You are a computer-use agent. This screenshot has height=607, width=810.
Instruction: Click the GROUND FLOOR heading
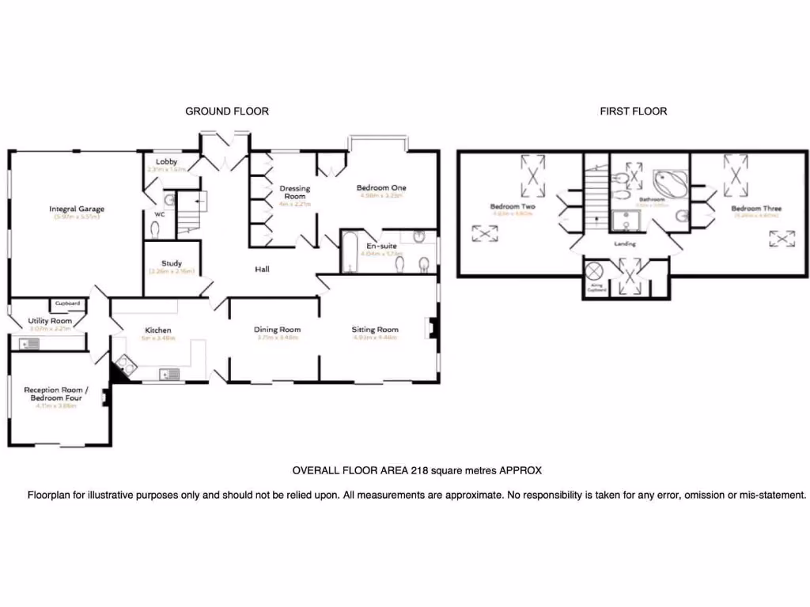226,111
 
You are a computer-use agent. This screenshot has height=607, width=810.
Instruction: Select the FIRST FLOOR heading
633,111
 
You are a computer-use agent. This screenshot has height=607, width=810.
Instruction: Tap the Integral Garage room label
77,209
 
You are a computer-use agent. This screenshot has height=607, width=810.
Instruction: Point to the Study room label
172,264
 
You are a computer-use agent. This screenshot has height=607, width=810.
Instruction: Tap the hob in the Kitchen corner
124,364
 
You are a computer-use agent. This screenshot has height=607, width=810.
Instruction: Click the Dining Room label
277,330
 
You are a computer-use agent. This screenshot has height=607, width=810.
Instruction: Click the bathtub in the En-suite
350,252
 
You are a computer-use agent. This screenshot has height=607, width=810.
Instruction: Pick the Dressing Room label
294,192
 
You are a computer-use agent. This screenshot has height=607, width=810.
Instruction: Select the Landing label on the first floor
625,244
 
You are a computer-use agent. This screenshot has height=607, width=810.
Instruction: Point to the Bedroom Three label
756,209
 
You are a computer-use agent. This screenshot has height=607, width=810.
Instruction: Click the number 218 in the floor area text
419,470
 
